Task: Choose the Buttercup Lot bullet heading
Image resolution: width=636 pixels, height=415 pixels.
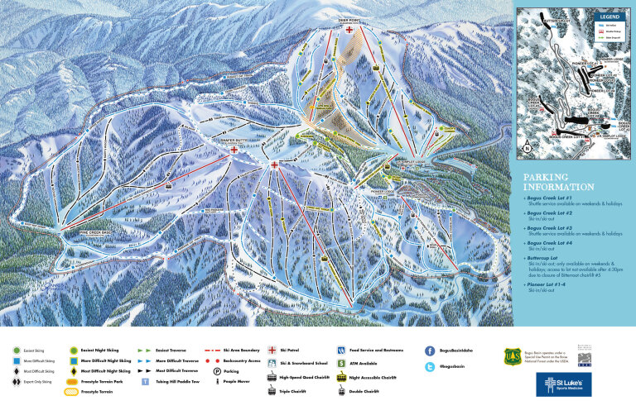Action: point(545,257)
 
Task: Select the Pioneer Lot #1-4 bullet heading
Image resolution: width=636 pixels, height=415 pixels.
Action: point(550,284)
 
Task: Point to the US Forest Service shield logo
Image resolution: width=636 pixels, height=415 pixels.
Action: point(512,356)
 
